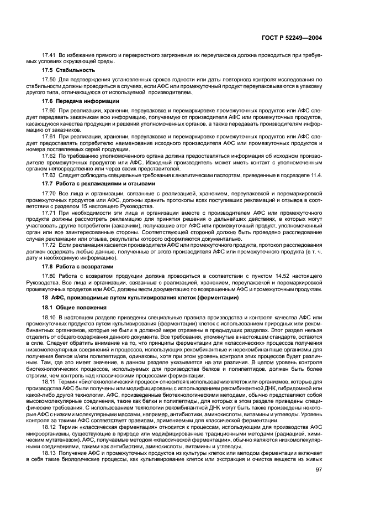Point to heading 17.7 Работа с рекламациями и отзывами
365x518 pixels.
coord(98,182)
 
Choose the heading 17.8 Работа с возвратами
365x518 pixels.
coord(78,266)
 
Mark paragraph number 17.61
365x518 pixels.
coord(50,136)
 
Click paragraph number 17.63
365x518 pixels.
coord(50,174)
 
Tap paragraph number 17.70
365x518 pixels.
coord(50,193)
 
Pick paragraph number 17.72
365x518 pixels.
coord(50,245)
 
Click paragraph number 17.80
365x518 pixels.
coord(50,276)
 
